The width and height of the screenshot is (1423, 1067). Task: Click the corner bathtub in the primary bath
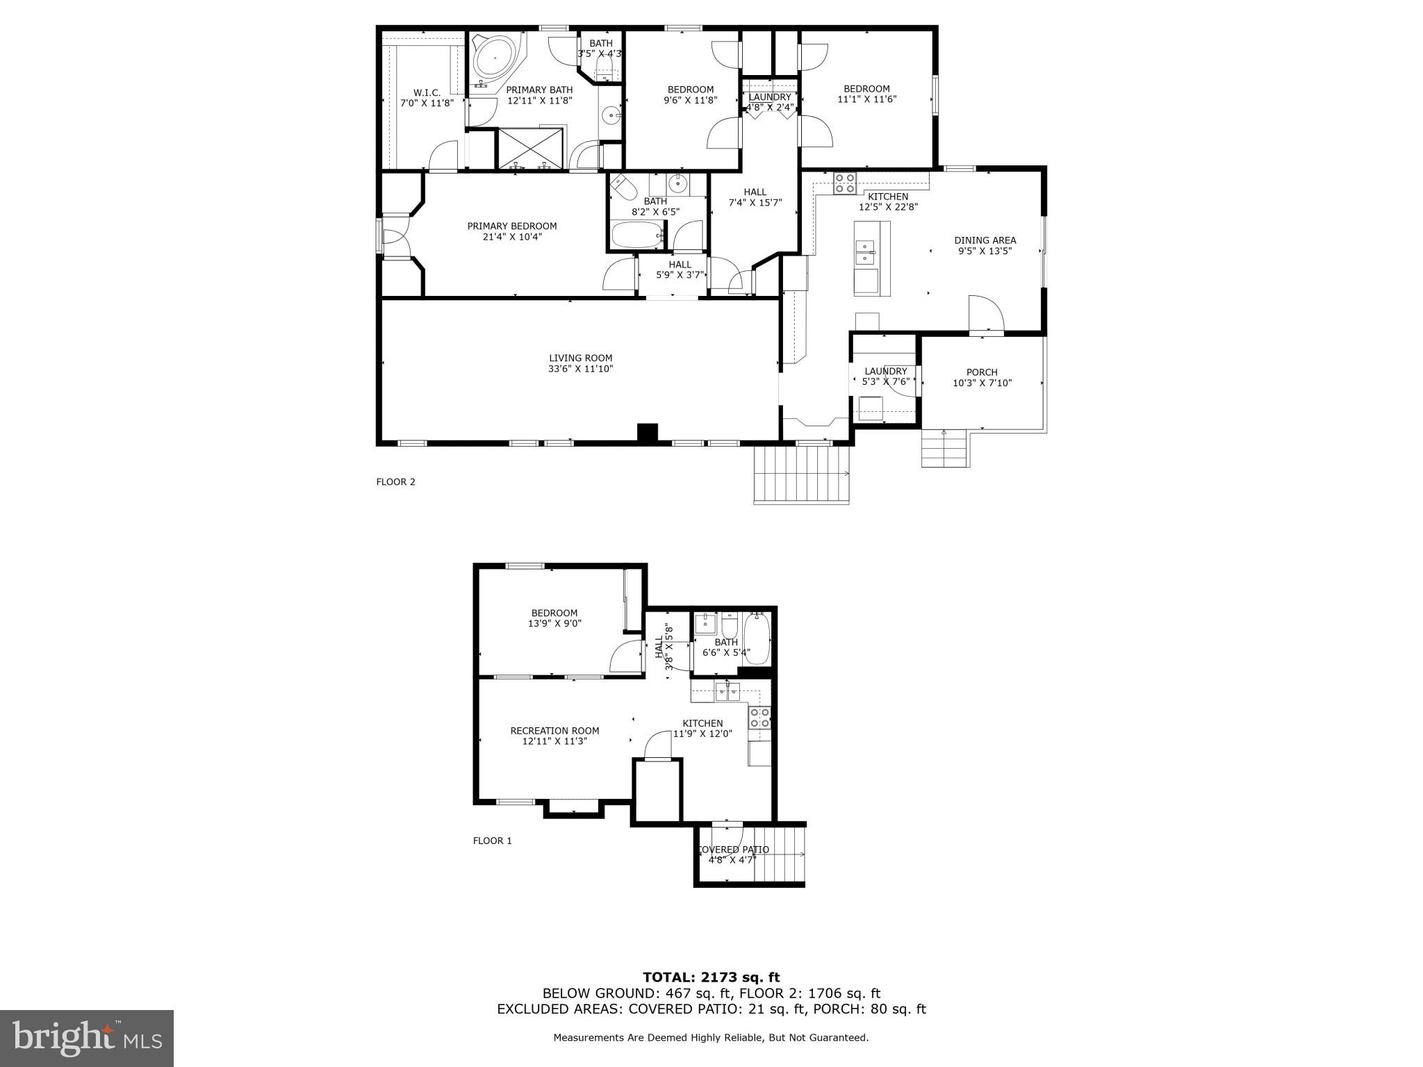tap(496, 59)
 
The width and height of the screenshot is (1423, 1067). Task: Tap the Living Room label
tap(580, 358)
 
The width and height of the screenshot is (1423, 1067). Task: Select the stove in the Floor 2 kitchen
tap(845, 182)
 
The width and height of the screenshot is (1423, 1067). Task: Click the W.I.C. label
tap(427, 92)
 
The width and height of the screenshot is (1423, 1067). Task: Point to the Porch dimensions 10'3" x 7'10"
tap(982, 383)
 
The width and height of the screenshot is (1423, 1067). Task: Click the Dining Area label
tap(985, 240)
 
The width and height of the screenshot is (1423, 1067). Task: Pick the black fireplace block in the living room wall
tap(648, 432)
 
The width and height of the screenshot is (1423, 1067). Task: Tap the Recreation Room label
tap(554, 731)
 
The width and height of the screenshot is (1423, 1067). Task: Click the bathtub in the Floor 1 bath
tap(757, 638)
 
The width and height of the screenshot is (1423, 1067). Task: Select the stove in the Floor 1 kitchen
tap(759, 718)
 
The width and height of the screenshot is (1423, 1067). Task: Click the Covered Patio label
tap(732, 850)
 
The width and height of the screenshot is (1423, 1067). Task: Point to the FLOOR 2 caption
tap(395, 482)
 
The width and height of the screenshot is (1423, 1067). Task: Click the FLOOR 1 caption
tap(492, 841)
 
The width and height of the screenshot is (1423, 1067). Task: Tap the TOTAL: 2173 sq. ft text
tap(711, 977)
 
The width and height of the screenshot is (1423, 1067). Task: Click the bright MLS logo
tap(87, 1038)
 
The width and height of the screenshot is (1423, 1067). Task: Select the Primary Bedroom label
tap(511, 226)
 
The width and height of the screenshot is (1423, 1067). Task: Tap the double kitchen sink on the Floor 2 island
tap(865, 252)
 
